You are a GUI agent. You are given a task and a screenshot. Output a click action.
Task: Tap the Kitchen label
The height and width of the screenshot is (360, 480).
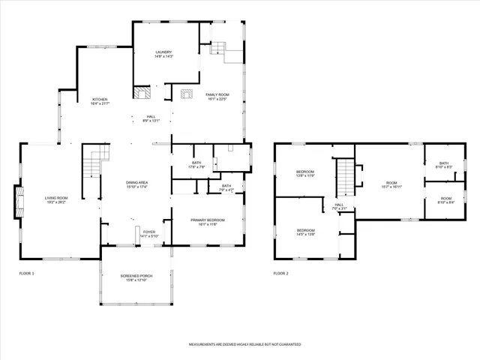point(100,101)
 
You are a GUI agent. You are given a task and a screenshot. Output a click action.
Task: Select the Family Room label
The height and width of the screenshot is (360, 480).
point(217,95)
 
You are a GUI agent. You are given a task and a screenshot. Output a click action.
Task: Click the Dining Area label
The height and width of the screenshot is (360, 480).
point(136,184)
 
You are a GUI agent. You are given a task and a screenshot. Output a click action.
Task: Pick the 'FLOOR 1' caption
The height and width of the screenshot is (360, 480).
point(27,273)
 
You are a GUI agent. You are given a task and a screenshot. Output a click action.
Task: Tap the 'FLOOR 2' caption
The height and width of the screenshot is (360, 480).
point(281,273)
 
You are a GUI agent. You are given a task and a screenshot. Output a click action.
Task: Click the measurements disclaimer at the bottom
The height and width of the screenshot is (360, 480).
point(244,344)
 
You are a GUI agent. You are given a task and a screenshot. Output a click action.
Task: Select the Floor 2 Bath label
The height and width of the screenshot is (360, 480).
point(444,165)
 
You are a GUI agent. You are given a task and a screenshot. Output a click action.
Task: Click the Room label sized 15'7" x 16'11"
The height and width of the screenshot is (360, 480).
point(391,184)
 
